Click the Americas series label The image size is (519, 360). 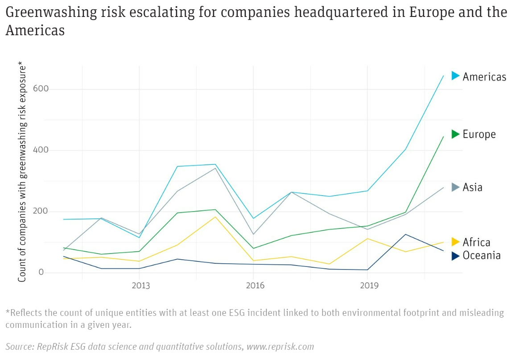pos(484,77)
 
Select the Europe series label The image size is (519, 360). pos(479,134)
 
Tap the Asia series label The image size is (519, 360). pos(472,187)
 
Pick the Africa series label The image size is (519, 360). pos(476,242)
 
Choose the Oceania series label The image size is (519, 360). pos(482,255)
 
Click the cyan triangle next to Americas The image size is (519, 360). pos(455,76)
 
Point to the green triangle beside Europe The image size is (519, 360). pos(455,134)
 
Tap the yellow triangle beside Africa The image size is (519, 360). pos(455,242)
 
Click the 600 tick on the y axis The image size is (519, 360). pos(40,89)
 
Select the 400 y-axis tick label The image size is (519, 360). pos(40,150)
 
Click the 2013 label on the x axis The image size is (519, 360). pos(140,285)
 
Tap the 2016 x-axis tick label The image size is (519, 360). pos(255,285)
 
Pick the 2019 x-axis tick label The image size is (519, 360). pos(369,285)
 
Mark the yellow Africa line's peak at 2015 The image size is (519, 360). pos(215,217)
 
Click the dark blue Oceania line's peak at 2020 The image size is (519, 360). pos(405,234)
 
